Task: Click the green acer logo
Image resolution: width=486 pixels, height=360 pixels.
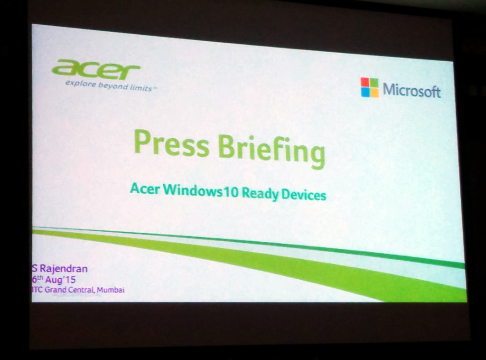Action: [x=95, y=70]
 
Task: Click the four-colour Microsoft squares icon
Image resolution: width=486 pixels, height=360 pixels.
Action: [x=370, y=87]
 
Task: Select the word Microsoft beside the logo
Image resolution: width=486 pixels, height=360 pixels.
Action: [x=411, y=90]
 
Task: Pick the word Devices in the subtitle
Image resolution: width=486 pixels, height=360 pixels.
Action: [x=304, y=195]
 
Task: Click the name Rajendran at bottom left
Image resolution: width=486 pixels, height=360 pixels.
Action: [x=63, y=269]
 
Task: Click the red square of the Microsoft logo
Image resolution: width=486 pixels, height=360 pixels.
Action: [x=365, y=82]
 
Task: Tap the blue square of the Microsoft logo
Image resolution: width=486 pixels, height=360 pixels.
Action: [x=365, y=92]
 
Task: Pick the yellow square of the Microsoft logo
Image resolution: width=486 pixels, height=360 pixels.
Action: [x=374, y=93]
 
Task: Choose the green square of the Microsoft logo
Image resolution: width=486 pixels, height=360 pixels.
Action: [x=374, y=83]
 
